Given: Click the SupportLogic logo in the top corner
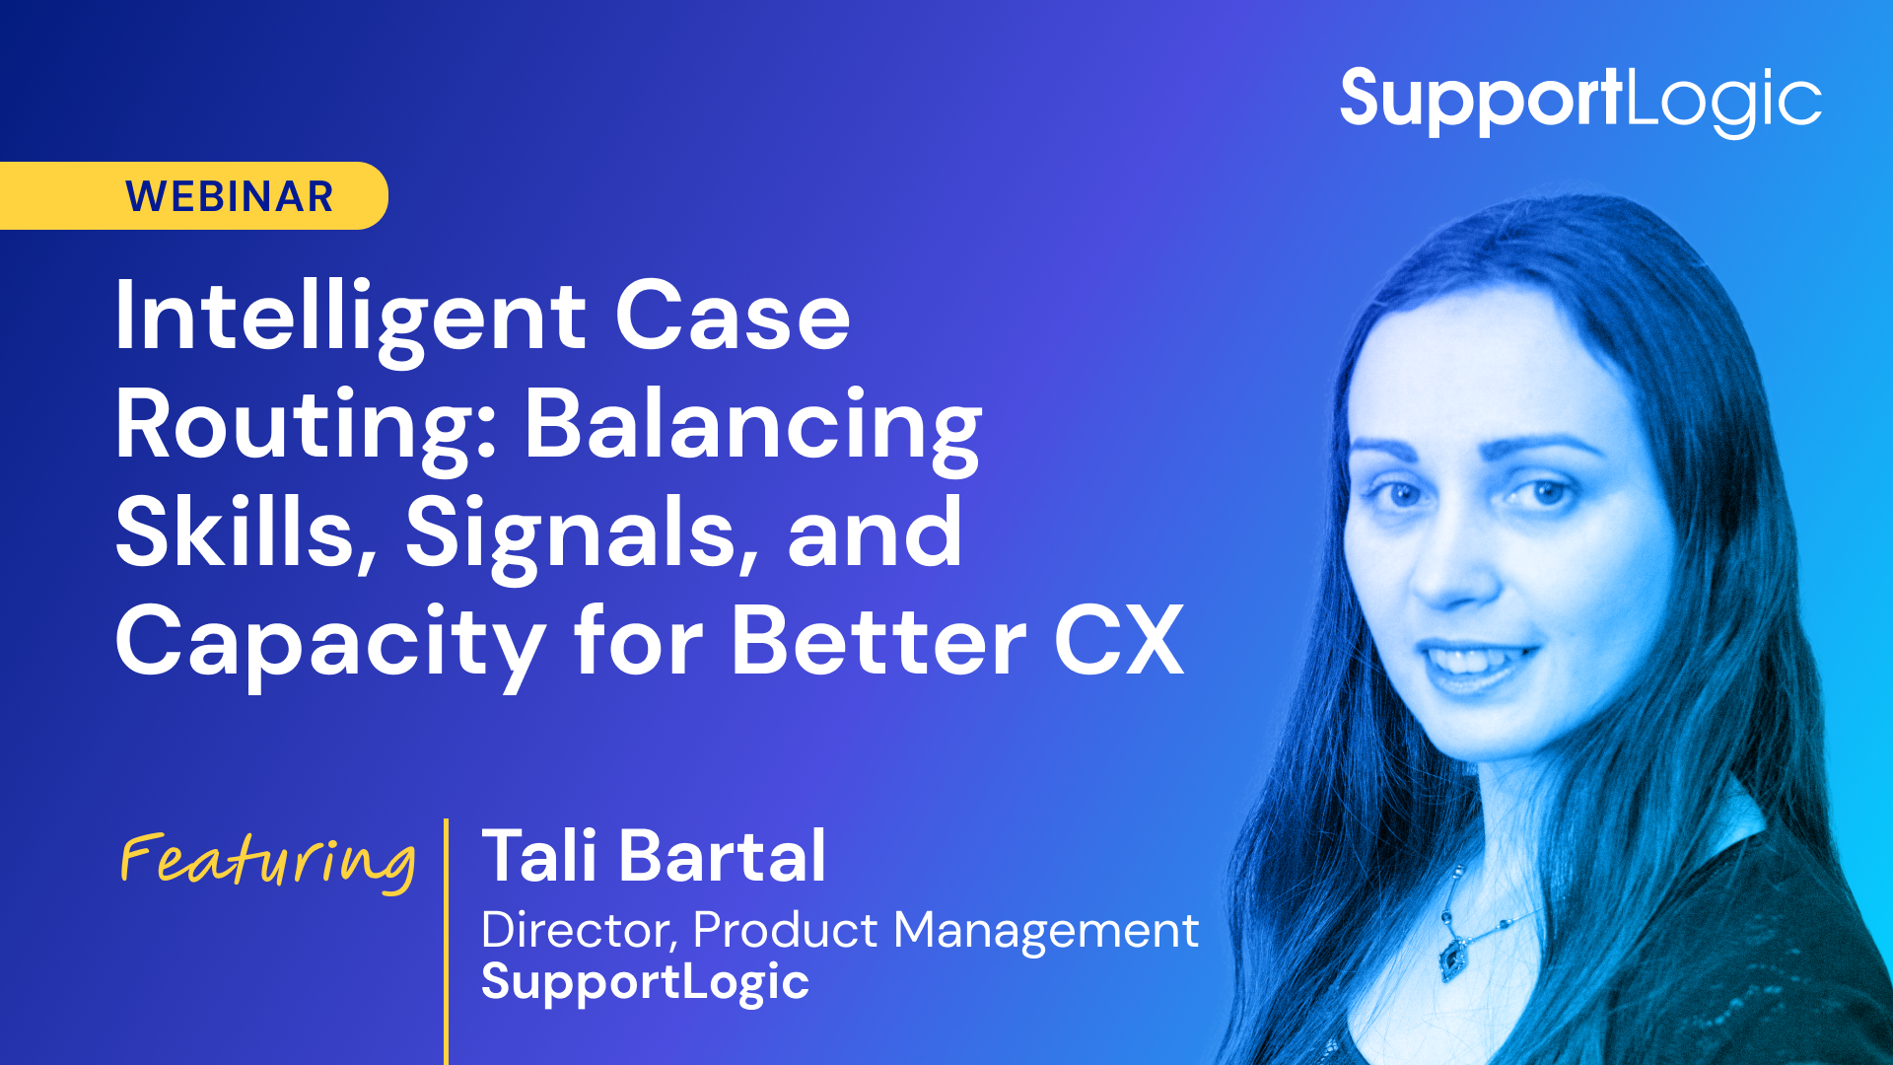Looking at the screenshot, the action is (1580, 102).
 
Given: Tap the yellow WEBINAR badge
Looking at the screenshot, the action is (194, 195).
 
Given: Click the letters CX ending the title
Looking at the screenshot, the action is (1119, 641).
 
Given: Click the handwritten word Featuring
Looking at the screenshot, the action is (267, 862).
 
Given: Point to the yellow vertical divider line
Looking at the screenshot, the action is (447, 942).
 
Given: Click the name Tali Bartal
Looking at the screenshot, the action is (654, 856).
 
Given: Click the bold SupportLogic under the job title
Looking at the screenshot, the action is (645, 983).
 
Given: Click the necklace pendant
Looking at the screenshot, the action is (1452, 957).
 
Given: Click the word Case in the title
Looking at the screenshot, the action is (733, 318).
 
